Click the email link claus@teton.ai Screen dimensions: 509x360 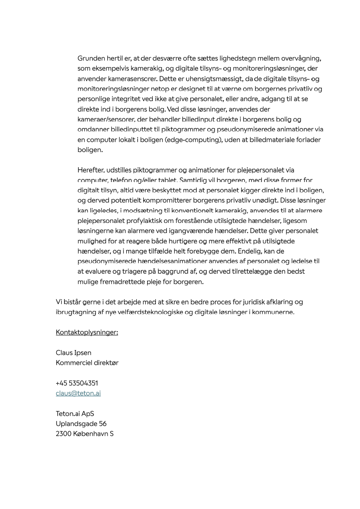(78, 393)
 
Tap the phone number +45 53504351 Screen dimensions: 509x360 (77, 383)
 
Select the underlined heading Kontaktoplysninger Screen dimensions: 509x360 (87, 333)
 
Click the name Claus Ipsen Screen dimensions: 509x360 (74, 353)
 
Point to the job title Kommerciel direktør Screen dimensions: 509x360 (87, 363)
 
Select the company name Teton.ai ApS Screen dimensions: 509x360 (75, 414)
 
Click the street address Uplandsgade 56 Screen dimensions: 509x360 (81, 424)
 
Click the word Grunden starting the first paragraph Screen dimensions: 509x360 (90, 58)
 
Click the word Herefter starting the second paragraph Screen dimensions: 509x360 (91, 170)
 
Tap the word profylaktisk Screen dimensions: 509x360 (165, 221)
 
